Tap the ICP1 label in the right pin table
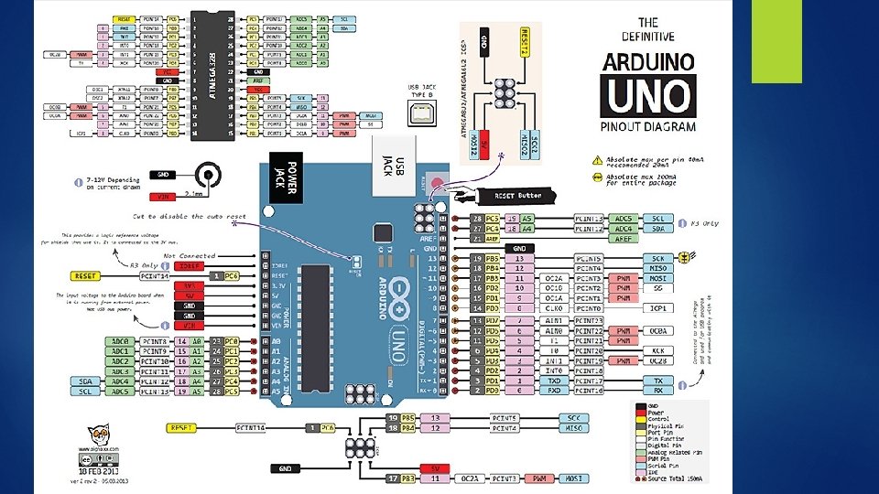[658, 308]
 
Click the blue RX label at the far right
[658, 391]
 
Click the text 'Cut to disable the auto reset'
[190, 217]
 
